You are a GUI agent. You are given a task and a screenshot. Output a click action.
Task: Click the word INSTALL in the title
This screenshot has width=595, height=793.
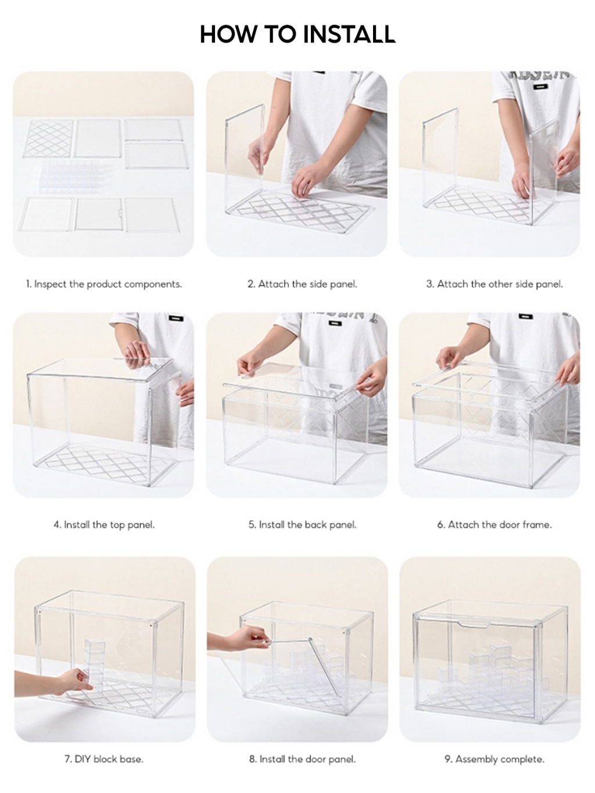349,34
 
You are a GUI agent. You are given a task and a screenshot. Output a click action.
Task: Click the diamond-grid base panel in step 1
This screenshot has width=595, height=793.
48,139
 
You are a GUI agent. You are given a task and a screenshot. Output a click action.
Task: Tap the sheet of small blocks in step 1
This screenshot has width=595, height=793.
70,178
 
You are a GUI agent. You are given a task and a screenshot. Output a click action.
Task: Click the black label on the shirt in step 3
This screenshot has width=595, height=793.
540,87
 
